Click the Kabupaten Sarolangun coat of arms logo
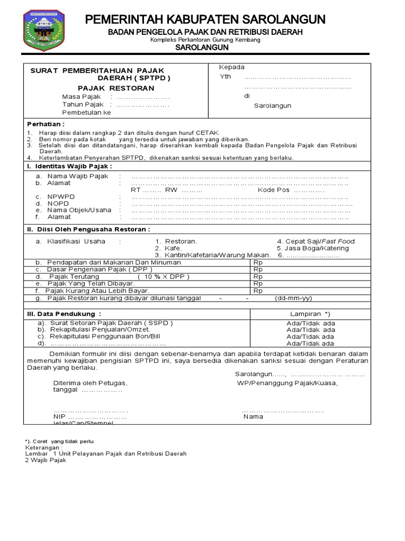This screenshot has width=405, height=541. click(46, 30)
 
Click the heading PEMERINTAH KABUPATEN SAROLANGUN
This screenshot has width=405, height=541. click(205, 20)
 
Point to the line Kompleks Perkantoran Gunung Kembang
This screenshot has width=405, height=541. click(205, 40)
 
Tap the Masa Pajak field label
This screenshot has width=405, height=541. click(81, 97)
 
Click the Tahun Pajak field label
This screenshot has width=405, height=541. click(83, 105)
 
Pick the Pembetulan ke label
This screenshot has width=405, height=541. click(86, 113)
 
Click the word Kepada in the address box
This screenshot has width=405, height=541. click(232, 67)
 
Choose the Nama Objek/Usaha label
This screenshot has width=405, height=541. click(79, 210)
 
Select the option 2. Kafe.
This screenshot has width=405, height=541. click(168, 248)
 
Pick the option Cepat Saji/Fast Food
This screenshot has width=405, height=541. click(316, 241)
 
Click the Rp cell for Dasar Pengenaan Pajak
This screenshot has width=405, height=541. click(258, 269)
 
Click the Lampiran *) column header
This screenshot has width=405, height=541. click(310, 314)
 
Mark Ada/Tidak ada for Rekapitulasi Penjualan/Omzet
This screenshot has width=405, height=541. click(310, 330)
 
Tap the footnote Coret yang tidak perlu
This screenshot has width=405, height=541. click(60, 441)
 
